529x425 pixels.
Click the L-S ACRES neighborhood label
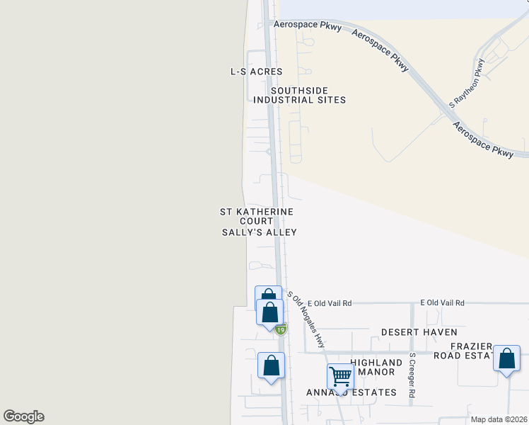coord(256,72)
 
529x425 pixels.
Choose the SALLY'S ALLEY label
coord(259,232)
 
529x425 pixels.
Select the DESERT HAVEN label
coord(419,331)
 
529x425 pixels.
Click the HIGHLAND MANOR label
coord(376,367)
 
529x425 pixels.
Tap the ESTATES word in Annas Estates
coord(371,392)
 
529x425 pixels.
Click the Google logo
coord(23,416)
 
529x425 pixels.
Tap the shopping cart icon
coord(340,376)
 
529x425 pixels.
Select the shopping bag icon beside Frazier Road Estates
coord(507,358)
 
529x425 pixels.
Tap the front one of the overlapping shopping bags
coord(269,311)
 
